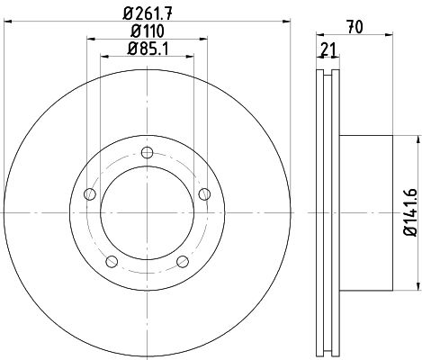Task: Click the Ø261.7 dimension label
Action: tap(148, 13)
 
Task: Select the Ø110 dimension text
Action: tap(148, 31)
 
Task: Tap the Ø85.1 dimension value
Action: tap(148, 49)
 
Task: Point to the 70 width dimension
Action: tap(355, 27)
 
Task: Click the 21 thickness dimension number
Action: tap(328, 49)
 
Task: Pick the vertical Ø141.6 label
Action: tap(410, 212)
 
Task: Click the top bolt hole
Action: tap(147, 152)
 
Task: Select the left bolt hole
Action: tap(90, 194)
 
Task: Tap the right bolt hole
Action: tap(204, 194)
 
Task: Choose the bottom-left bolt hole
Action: tap(112, 262)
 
